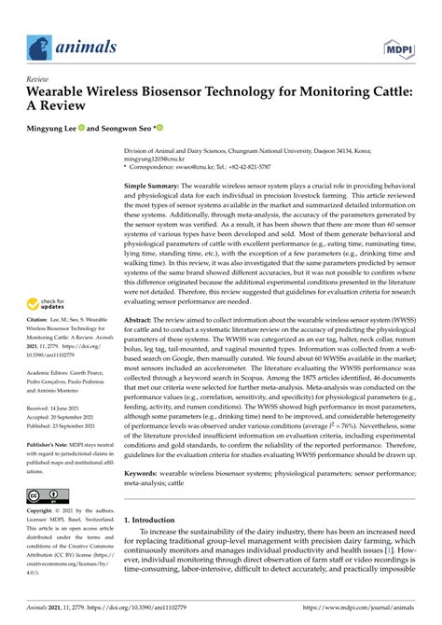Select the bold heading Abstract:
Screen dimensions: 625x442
click(x=143, y=319)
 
